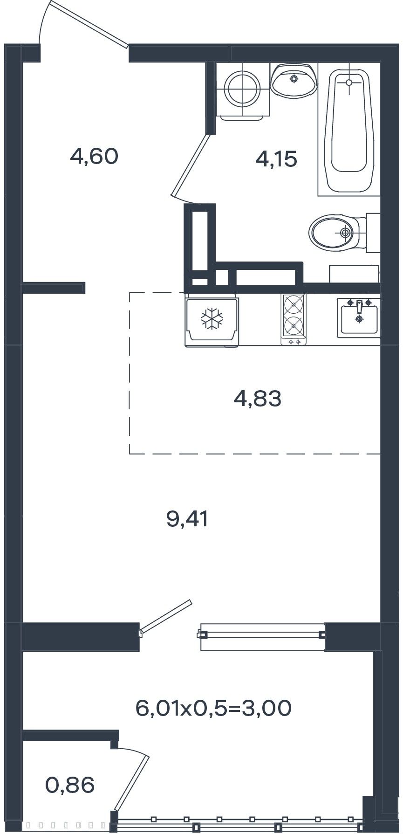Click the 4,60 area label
point(94,156)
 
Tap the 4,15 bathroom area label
point(276,160)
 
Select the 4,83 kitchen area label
point(258,399)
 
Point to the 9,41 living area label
point(187,519)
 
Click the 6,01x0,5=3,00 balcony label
point(213,709)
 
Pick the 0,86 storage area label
point(70,786)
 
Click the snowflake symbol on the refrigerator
point(212,319)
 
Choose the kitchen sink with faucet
point(359,318)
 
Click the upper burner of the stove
point(294,306)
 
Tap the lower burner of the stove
point(294,324)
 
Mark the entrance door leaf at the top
point(89,25)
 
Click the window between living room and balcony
point(262,637)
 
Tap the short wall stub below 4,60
point(54,288)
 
